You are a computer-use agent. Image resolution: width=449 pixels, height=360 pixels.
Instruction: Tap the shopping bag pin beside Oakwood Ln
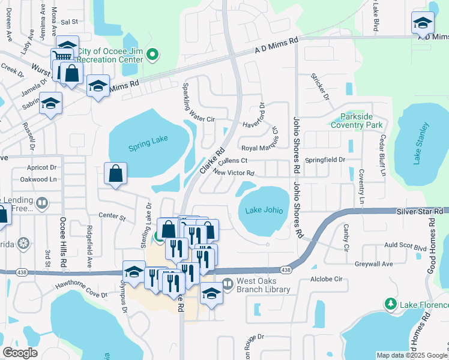point(115,174)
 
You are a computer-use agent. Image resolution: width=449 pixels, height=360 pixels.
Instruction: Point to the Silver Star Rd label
point(420,212)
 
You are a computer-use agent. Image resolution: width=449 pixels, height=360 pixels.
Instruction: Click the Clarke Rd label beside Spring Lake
point(212,160)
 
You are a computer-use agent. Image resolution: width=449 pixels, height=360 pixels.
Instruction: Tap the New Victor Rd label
point(234,173)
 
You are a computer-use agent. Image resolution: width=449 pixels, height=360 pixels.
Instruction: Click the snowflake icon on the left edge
point(23,244)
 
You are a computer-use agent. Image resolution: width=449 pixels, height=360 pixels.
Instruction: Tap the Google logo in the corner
point(20,352)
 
